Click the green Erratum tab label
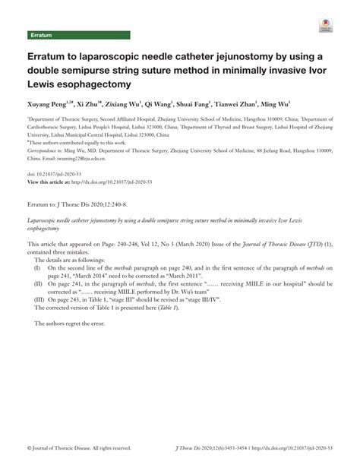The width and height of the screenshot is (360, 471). [41, 35]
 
